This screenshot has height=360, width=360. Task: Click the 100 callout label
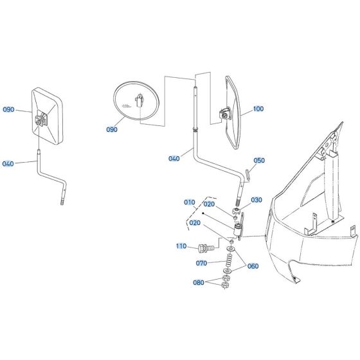pos(258,109)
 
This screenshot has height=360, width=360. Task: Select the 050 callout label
pos(258,161)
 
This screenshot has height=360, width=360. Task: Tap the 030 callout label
pos(257,200)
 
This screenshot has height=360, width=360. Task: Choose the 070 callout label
pos(202,264)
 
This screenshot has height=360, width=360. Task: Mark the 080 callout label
pos(200,282)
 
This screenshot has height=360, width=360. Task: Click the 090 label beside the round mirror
pos(112,129)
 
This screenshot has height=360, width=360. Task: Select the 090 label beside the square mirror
pos(8,109)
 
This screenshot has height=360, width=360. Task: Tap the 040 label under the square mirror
pos(8,164)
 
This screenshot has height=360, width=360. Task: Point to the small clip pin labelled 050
pos(248,174)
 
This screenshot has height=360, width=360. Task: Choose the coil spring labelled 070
pos(226,261)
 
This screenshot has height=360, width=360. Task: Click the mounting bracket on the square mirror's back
pos(42,120)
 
